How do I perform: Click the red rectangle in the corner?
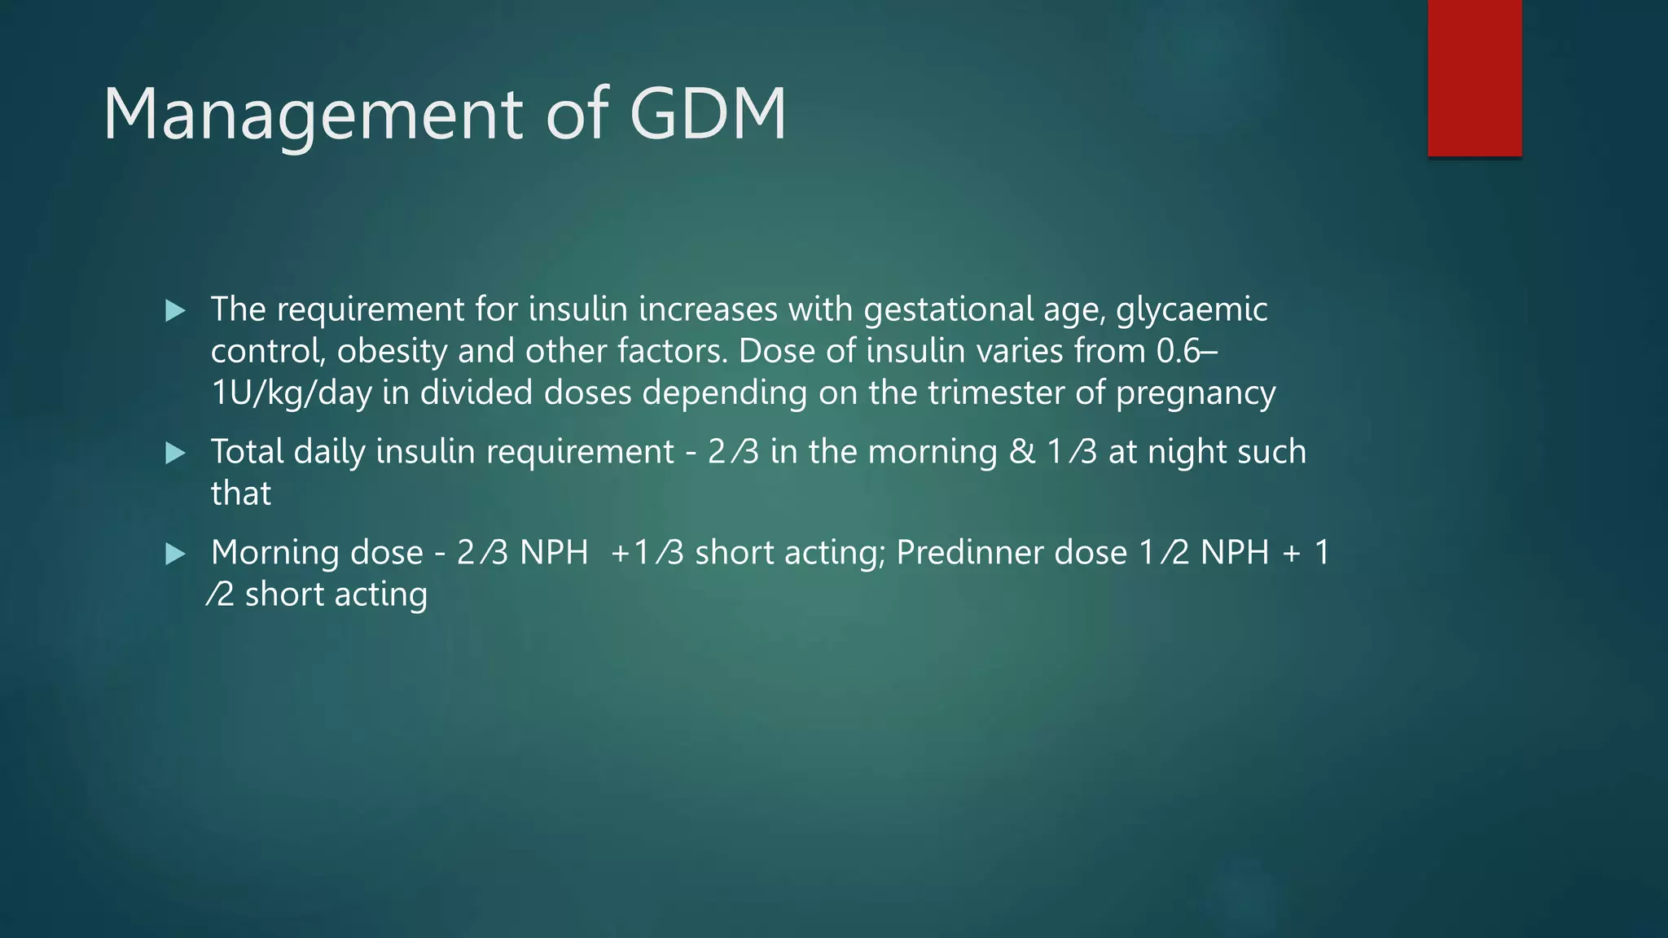(x=1474, y=78)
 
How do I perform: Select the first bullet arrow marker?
(x=175, y=310)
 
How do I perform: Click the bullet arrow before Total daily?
(x=175, y=453)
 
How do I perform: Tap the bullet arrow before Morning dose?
(x=175, y=554)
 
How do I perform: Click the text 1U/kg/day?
(x=291, y=393)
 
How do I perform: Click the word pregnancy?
(x=1195, y=393)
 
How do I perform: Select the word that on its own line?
(x=240, y=493)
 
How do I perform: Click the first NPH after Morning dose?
(x=554, y=553)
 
